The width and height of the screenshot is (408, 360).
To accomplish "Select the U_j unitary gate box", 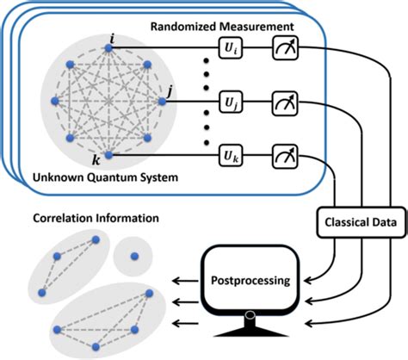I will point(232,101).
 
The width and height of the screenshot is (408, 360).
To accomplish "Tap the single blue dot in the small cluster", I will point(133,254).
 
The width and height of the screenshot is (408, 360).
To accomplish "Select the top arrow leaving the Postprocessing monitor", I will point(183,281).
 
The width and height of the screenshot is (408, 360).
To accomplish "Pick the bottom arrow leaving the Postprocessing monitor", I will point(183,324).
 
